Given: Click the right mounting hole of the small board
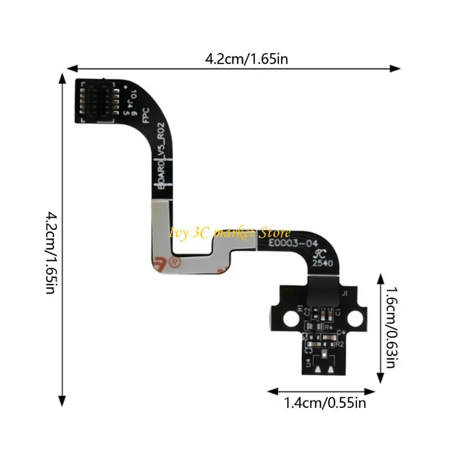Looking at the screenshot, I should (x=358, y=316).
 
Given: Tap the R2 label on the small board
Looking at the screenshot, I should (x=339, y=344).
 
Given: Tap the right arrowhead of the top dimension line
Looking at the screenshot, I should (x=395, y=68).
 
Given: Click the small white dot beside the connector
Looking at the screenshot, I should (x=125, y=86).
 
